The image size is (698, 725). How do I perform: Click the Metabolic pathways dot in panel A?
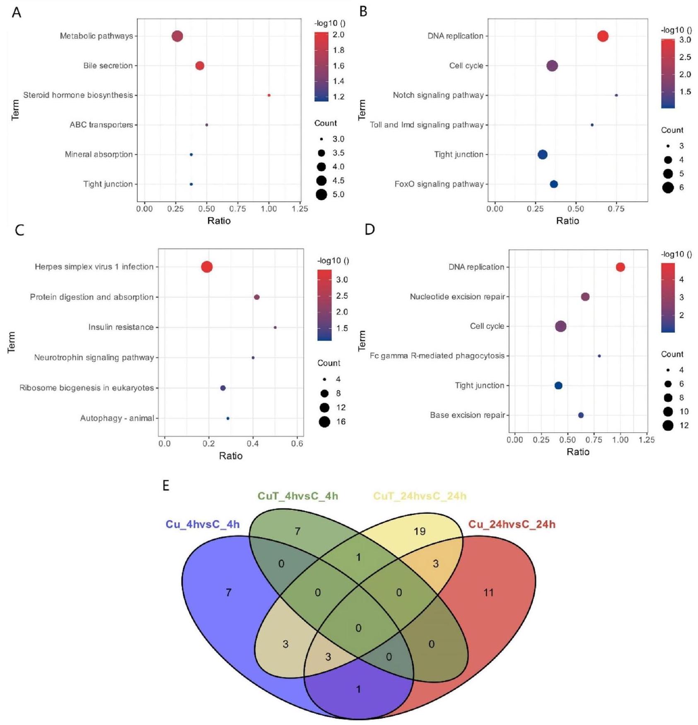pos(177,36)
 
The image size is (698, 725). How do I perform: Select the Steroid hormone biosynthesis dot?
pos(269,96)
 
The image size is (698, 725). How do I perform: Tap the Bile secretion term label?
pos(108,66)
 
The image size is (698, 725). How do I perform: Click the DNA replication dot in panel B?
pos(603,36)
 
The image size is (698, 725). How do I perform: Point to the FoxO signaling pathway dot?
pos(554,184)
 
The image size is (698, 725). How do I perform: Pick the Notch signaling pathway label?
pos(438,96)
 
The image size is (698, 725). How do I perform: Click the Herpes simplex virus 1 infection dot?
pos(207,267)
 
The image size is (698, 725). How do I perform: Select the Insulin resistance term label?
pos(121,327)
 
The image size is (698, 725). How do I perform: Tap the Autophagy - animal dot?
pos(228,418)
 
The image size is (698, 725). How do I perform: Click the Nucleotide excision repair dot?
pos(585,297)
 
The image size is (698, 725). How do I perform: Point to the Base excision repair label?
pos(467,415)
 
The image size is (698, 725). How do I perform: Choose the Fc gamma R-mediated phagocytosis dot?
pos(599,356)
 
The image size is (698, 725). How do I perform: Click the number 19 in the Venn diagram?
pos(420,531)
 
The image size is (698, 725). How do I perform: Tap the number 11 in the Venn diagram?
pos(488,593)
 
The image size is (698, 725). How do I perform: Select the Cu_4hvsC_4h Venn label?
pos(203,524)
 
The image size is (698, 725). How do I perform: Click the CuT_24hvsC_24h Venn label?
pos(420,496)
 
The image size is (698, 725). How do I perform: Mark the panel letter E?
pos(166,485)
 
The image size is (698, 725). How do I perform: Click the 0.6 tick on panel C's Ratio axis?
pos(297,444)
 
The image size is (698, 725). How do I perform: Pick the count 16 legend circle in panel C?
pos(324,422)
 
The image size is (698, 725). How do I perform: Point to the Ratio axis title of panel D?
pos(578,452)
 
